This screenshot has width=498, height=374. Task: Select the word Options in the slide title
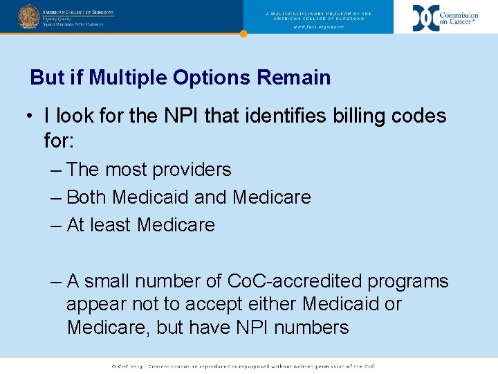pyautogui.click(x=212, y=78)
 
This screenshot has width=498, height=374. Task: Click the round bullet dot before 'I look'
pyautogui.click(x=32, y=116)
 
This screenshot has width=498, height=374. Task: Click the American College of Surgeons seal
pyautogui.click(x=28, y=16)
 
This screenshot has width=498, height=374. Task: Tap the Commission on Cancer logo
pyautogui.click(x=445, y=17)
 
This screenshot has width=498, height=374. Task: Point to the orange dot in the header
pyautogui.click(x=243, y=33)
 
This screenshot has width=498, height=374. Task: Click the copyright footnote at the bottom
pyautogui.click(x=243, y=366)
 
